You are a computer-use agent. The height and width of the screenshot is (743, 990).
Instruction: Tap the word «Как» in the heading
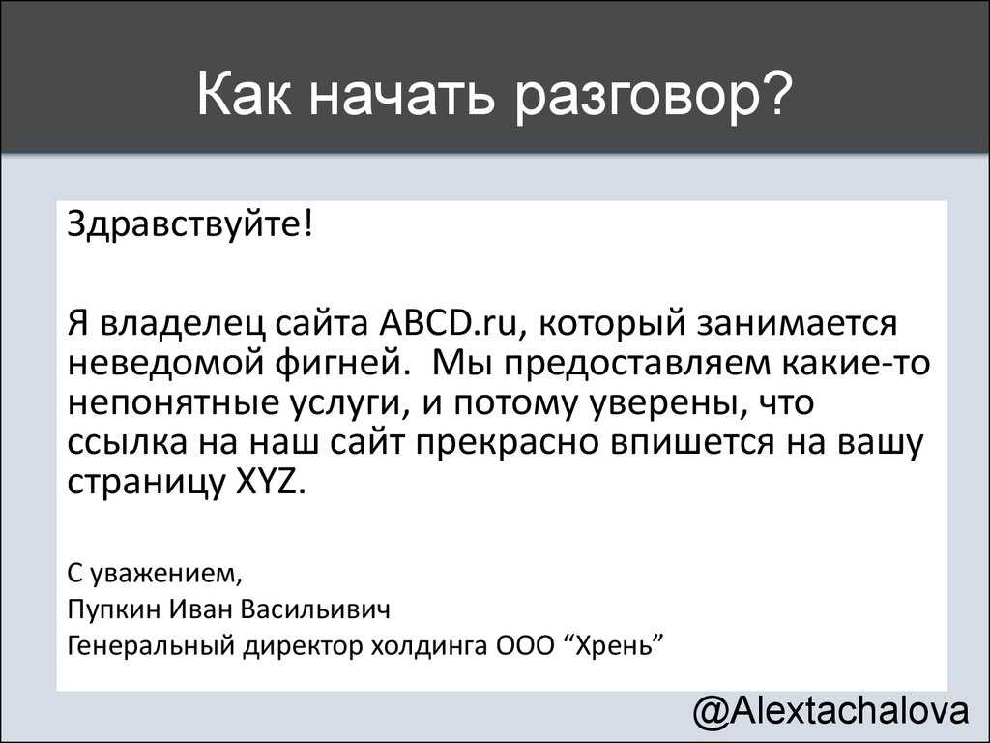(244, 94)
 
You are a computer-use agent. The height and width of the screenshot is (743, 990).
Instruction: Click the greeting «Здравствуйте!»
(189, 225)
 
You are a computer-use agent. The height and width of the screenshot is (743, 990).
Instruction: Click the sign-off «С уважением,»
(155, 574)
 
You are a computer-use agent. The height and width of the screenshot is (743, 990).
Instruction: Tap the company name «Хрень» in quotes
(615, 646)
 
